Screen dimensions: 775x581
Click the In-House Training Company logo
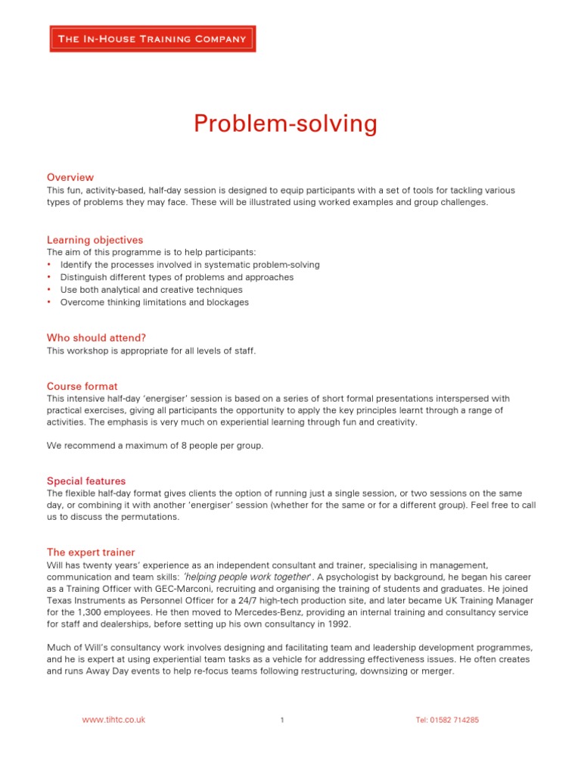coord(153,39)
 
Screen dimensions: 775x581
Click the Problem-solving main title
coord(285,123)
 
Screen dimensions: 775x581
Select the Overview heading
coord(70,177)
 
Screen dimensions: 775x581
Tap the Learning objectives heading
coord(95,240)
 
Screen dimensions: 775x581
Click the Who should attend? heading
coord(96,338)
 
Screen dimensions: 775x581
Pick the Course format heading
coord(82,386)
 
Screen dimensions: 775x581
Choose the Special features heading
coord(86,481)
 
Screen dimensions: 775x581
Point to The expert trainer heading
coord(91,552)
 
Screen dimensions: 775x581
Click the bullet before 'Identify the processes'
coord(49,265)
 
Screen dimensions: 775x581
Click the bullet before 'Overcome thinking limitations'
coord(49,302)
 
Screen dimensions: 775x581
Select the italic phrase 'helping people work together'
coord(248,577)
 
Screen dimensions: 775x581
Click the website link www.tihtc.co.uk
coord(113,720)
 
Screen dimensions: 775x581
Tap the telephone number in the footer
coord(447,720)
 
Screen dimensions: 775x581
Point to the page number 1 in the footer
coord(281,720)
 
